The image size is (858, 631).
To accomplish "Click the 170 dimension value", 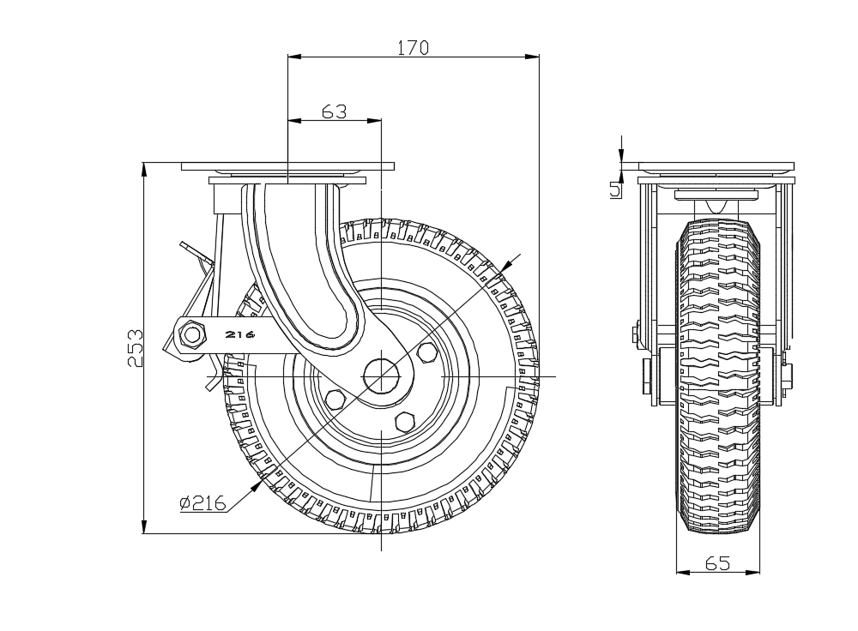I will click(x=413, y=48).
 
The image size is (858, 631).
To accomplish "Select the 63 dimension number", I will click(x=333, y=111).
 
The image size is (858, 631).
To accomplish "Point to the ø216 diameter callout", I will click(x=202, y=504).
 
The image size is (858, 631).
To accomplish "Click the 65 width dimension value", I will click(x=717, y=563).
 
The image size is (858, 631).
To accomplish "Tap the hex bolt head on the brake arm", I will click(x=192, y=334).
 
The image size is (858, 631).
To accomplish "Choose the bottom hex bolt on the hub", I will click(x=402, y=422).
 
